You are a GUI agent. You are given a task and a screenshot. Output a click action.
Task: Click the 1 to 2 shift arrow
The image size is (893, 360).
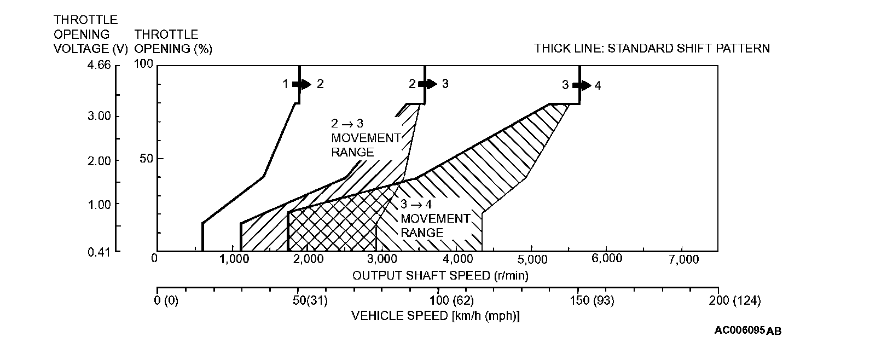pos(301,84)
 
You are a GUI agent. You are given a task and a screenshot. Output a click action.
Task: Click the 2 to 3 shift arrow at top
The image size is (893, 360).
pos(427,84)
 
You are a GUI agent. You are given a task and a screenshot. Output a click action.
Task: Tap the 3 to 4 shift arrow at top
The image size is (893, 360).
pos(582,85)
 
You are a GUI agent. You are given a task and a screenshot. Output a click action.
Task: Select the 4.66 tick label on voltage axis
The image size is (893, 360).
pos(98,65)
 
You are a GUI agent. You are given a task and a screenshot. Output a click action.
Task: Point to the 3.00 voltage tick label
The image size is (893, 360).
pos(98,117)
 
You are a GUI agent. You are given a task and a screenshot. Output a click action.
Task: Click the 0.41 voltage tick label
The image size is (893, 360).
pos(98,252)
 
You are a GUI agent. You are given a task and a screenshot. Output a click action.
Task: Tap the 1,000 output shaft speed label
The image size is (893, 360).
pos(234,259)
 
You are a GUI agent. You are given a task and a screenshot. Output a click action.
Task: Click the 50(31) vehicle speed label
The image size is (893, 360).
pos(309,300)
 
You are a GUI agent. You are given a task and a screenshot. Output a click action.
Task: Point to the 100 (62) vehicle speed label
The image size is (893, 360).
pos(451,300)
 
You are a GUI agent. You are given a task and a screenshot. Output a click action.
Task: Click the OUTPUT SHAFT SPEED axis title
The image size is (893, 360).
pos(440,275)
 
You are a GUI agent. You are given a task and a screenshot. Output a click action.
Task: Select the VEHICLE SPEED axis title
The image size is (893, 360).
pos(435,316)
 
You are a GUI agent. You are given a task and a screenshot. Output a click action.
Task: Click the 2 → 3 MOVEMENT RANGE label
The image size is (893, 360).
pos(366,138)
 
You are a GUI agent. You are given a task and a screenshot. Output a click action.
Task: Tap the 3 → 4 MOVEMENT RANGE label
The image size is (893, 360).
pos(435,219)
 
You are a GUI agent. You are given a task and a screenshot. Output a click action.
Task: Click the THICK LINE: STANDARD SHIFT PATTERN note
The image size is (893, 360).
pos(652,49)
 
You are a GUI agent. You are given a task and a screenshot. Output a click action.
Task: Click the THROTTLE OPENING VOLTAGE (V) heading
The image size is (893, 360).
pos(90,34)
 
